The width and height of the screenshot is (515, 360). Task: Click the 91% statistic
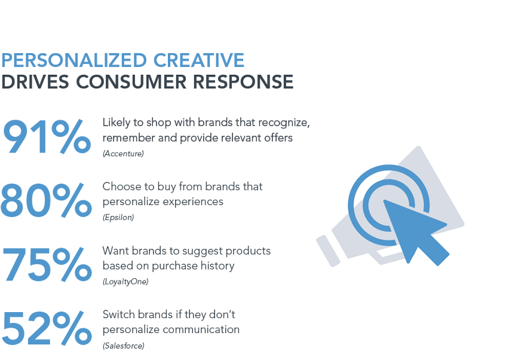pyautogui.click(x=47, y=137)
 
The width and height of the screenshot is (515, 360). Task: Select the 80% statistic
pyautogui.click(x=46, y=200)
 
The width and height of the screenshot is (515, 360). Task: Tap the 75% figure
pyautogui.click(x=47, y=265)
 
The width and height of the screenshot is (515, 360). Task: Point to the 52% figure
pyautogui.click(x=47, y=328)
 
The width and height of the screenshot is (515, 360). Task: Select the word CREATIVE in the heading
pyautogui.click(x=199, y=60)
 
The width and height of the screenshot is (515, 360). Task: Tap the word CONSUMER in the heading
pyautogui.click(x=131, y=81)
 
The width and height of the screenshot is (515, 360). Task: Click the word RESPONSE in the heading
pyautogui.click(x=243, y=81)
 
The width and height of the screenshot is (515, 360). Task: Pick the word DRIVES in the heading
pyautogui.click(x=35, y=81)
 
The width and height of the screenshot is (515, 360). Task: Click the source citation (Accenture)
pyautogui.click(x=123, y=154)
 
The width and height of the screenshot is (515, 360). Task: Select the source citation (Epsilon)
pyautogui.click(x=118, y=217)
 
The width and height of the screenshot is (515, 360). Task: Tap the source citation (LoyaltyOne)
pyautogui.click(x=125, y=282)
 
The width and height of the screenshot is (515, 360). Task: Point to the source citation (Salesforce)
pyautogui.click(x=124, y=346)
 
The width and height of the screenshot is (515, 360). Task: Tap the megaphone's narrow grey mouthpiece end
pyautogui.click(x=328, y=251)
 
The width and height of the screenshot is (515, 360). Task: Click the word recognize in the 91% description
pyautogui.click(x=284, y=123)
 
